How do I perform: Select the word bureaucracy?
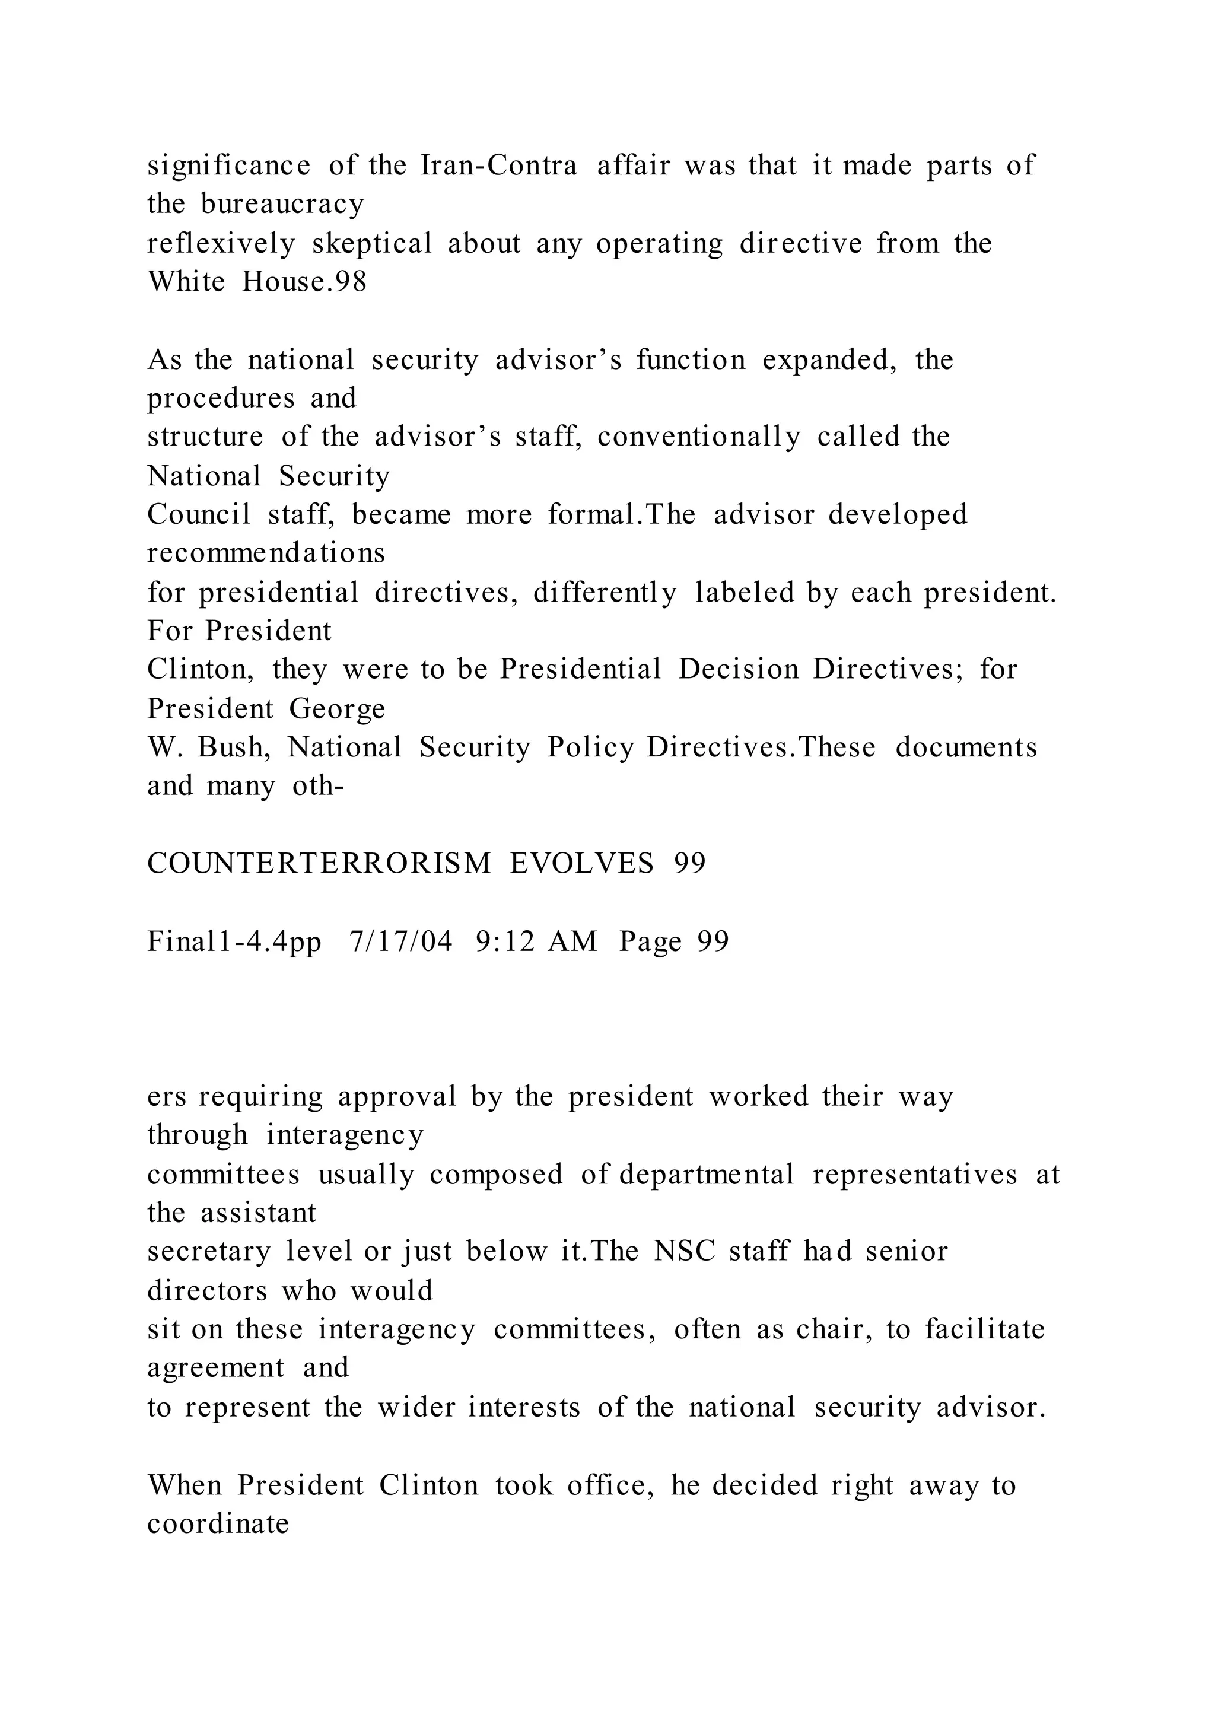coord(282,204)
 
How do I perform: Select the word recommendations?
coord(266,553)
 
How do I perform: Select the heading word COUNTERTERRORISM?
coord(319,864)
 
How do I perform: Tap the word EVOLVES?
coord(582,864)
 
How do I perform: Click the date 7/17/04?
coord(401,941)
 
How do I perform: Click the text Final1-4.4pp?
coord(234,941)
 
